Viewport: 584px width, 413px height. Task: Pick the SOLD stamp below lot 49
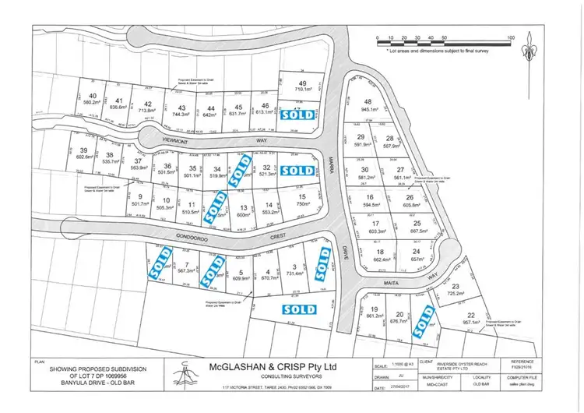tap(299, 113)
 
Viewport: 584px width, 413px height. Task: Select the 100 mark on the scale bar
tap(511, 37)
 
